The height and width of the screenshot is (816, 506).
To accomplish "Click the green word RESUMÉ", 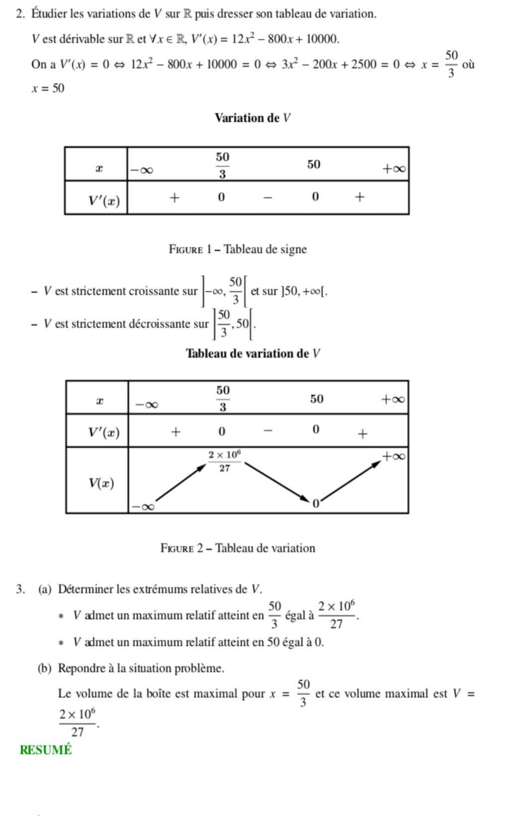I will tap(46, 750).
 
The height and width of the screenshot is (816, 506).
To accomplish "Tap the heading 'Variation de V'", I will tap(252, 118).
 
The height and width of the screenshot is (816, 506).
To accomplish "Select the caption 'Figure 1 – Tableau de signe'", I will tap(238, 249).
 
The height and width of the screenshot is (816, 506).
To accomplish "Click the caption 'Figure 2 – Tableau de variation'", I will tap(238, 548).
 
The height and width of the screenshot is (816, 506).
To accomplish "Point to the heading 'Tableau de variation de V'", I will tap(253, 353).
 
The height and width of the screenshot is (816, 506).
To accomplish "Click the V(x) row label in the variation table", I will tap(101, 482).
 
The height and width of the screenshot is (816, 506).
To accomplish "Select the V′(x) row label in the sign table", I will tap(104, 201).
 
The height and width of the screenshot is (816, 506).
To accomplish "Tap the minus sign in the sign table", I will tap(268, 198).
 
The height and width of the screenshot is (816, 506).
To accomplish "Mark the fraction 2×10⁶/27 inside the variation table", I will tap(225, 461).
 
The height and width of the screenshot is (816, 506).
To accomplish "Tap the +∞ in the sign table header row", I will tap(394, 169).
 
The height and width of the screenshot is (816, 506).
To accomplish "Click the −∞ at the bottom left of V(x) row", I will tap(143, 507).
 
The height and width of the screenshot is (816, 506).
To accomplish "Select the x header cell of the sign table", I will tap(99, 168).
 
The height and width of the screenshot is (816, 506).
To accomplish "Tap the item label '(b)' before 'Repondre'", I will tap(45, 668).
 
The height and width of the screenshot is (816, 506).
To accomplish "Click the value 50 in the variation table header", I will tap(317, 399).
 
